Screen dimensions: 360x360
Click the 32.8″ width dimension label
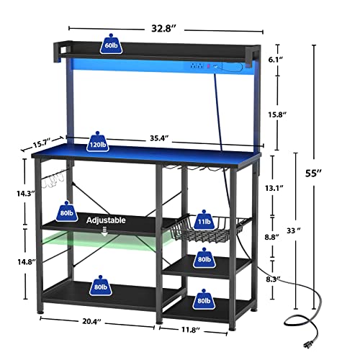coord(164,29)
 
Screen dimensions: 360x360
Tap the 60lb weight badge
coord(111,44)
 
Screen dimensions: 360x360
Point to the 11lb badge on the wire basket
coord(204,220)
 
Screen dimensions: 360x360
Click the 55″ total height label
coord(313,173)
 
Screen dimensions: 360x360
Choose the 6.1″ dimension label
coord(276,60)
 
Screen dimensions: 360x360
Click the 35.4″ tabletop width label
coord(159,138)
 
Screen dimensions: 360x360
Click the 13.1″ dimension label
coord(274,188)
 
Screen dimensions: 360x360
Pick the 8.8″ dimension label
coord(271,237)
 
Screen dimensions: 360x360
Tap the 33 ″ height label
coord(294,230)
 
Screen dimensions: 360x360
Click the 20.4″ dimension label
coord(91,321)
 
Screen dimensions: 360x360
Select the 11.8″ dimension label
coord(191,330)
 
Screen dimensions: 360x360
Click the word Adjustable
coord(106,220)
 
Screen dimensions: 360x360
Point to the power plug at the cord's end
coord(310,344)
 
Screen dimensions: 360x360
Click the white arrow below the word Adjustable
coord(104,232)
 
